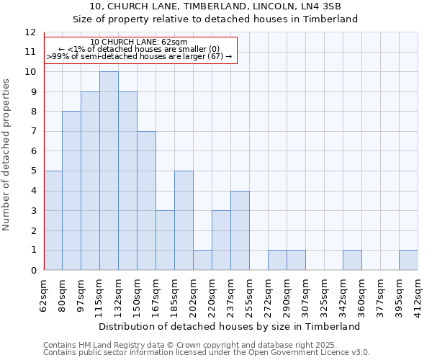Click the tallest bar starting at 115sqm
[109, 171]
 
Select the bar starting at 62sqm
[53, 220]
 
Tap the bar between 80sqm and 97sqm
[71, 191]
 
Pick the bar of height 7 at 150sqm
[146, 200]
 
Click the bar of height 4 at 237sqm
[240, 230]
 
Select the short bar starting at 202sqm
[202, 260]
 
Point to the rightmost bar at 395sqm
[408, 260]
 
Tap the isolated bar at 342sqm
[352, 260]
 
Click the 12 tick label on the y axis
[30, 32]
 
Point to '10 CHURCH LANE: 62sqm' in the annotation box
[139, 42]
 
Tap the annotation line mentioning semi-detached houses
[139, 55]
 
